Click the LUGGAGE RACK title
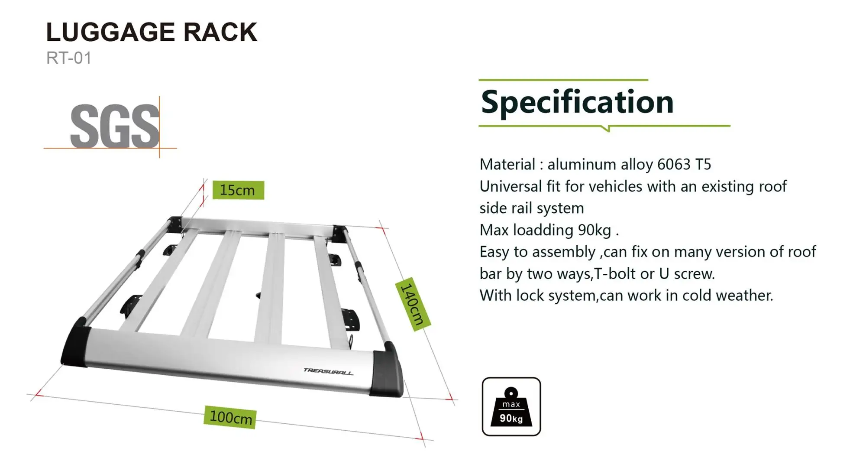[x=152, y=32]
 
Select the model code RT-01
[x=69, y=58]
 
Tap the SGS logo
[x=114, y=126]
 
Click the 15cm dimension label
[x=238, y=190]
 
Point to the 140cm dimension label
[x=412, y=304]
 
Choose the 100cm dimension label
[x=230, y=417]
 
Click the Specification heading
[x=577, y=103]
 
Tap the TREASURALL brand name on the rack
[x=328, y=371]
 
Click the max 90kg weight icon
[x=511, y=406]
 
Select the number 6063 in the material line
[x=673, y=165]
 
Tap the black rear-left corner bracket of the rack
[x=175, y=224]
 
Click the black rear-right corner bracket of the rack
[x=339, y=233]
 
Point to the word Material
[x=507, y=165]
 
